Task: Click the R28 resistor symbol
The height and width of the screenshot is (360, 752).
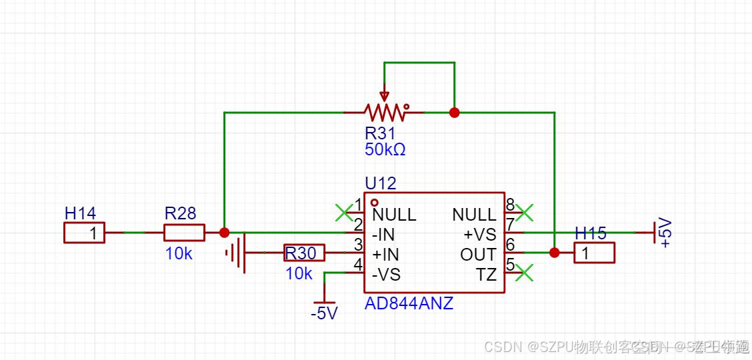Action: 184,233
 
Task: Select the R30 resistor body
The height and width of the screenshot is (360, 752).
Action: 305,253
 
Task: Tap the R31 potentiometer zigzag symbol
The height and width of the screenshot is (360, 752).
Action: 384,112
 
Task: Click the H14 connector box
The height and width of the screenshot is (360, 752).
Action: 85,233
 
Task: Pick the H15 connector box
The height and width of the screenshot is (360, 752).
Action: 594,253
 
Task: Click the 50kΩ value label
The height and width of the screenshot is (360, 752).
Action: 385,149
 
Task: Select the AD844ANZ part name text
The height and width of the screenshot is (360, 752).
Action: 409,303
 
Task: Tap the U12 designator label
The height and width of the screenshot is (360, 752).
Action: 380,183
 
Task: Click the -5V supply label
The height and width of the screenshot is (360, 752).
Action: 324,313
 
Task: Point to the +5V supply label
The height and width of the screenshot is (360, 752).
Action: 665,233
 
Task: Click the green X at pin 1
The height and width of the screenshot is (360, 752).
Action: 343,213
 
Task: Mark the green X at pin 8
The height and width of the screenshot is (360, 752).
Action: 525,213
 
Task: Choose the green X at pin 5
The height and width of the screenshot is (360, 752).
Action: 525,273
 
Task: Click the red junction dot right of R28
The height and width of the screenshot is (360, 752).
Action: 224,233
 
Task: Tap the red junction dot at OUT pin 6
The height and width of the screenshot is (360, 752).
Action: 554,253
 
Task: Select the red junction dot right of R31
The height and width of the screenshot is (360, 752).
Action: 454,113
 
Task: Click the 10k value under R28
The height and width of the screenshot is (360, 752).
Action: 179,253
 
